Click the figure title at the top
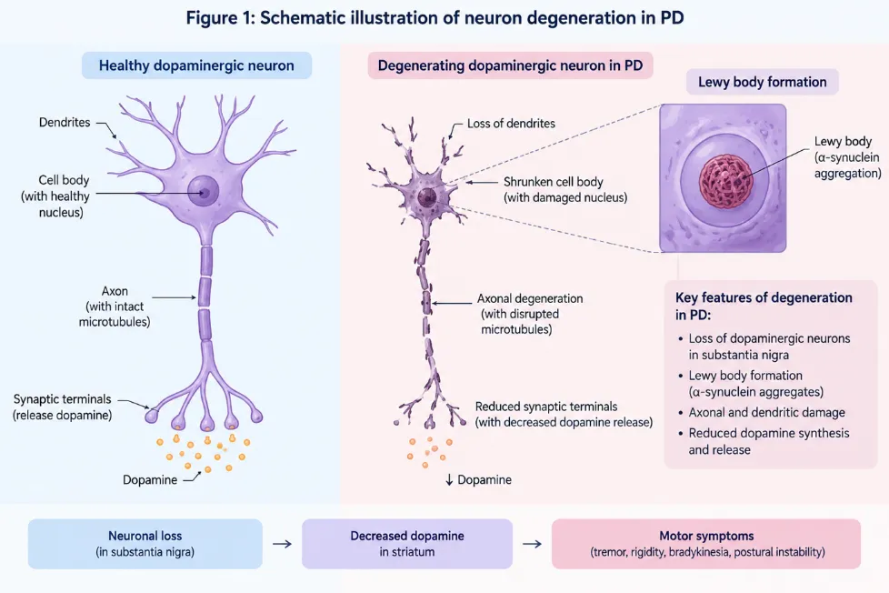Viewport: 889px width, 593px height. click(x=435, y=18)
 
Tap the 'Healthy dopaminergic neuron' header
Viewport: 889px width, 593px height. click(x=196, y=65)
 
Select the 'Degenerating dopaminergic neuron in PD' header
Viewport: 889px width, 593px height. click(x=510, y=65)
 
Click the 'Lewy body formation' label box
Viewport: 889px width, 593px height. click(x=762, y=82)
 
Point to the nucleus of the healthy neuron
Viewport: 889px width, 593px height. click(x=204, y=191)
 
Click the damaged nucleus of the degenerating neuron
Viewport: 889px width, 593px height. click(x=427, y=197)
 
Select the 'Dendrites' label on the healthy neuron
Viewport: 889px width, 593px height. click(x=65, y=122)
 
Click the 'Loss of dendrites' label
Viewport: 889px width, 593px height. click(x=511, y=123)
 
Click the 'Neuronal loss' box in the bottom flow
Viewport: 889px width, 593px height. click(x=145, y=544)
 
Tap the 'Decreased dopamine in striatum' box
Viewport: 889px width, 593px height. click(x=407, y=544)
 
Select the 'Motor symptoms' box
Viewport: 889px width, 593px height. click(x=706, y=544)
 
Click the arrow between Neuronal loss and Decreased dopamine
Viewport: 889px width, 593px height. click(x=283, y=544)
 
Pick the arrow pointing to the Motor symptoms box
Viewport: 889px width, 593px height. click(x=532, y=544)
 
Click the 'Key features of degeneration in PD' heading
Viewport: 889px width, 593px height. click(x=764, y=306)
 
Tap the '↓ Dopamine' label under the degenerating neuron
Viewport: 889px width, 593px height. click(x=478, y=479)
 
